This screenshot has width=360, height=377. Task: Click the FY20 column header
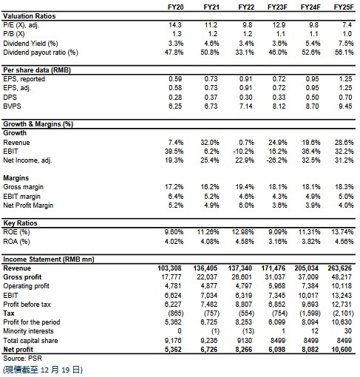point(176,7)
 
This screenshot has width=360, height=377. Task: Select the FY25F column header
point(344,7)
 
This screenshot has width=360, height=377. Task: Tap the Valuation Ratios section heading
point(30,16)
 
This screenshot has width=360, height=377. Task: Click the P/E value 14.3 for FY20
point(175,25)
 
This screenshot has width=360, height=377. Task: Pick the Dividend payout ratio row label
point(41,52)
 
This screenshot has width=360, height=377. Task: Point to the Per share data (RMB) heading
point(37,70)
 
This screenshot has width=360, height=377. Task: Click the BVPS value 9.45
point(345,106)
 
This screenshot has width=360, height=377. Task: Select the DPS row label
point(10,98)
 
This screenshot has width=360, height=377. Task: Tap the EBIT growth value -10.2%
point(243,152)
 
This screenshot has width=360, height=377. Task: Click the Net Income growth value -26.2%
point(276,160)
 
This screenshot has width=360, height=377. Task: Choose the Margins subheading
point(16,178)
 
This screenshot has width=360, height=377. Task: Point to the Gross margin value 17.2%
point(174,187)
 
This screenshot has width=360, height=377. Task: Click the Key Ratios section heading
point(20,223)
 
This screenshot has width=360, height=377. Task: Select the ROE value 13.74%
point(342,232)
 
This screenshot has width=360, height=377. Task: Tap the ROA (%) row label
point(16,242)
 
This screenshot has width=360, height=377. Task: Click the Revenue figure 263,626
point(339,268)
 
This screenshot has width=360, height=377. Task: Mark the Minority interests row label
point(28,331)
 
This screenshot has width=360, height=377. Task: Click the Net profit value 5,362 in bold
point(173,350)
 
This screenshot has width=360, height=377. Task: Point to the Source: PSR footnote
point(23,359)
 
